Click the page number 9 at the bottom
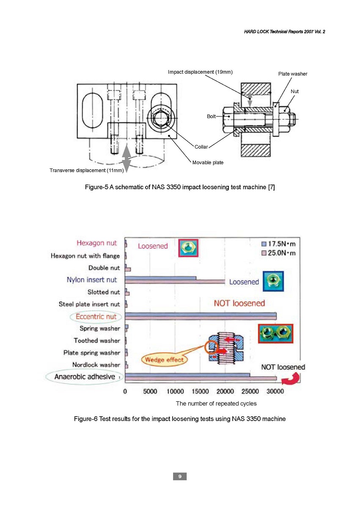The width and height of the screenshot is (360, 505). (180, 476)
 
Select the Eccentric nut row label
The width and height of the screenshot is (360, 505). (96, 317)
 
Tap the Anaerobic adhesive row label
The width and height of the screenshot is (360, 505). (85, 377)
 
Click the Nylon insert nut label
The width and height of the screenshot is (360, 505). (92, 279)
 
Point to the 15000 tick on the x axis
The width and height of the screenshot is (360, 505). (200, 391)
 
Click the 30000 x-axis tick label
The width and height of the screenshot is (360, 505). (275, 391)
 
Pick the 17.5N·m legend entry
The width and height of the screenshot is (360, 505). (278, 244)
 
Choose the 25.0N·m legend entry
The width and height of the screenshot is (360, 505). (278, 253)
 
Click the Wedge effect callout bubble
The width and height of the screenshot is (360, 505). (164, 360)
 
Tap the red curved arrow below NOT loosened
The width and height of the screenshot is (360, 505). (292, 379)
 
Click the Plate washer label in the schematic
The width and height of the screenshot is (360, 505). (293, 74)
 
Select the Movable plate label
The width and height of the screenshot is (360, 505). (208, 163)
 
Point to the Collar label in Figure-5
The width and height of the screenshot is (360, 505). (201, 147)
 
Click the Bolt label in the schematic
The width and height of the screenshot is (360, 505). (211, 116)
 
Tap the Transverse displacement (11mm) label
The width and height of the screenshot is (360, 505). (87, 170)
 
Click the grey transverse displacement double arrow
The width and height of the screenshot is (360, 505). (126, 158)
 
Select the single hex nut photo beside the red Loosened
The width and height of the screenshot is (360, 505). (188, 248)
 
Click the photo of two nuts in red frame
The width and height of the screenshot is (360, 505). (276, 333)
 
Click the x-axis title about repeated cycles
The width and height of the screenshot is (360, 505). (216, 403)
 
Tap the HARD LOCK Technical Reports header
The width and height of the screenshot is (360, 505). (285, 32)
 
